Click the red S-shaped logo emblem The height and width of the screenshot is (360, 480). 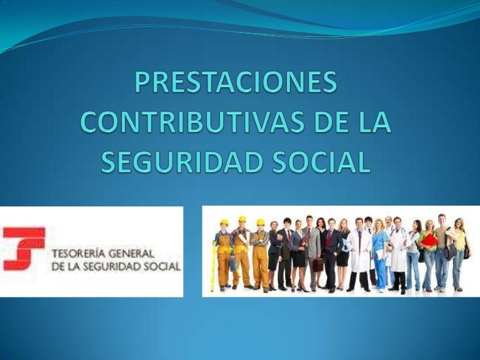pyautogui.click(x=24, y=249)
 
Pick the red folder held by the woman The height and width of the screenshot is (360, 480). pyautogui.click(x=429, y=240)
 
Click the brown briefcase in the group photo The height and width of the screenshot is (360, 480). pyautogui.click(x=317, y=264)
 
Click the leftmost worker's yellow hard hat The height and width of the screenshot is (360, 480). pyautogui.click(x=224, y=222)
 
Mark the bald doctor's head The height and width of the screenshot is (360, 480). pyautogui.click(x=388, y=221)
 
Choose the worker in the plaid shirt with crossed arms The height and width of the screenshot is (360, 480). pyautogui.click(x=260, y=250)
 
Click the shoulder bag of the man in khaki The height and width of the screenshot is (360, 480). pyautogui.click(x=451, y=250)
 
